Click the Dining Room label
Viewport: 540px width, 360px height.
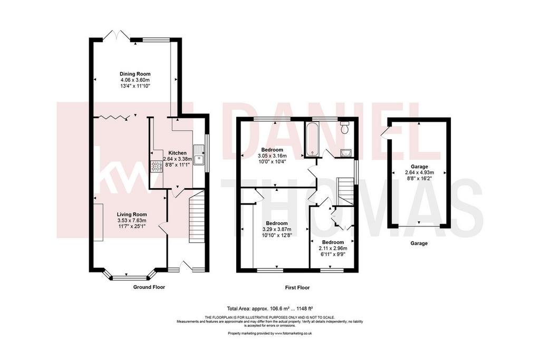135,74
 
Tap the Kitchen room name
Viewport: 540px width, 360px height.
177,153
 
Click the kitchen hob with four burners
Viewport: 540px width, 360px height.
156,167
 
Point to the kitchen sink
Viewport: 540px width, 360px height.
199,155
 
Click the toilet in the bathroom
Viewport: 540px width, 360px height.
344,127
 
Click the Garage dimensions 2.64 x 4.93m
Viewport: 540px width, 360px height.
419,172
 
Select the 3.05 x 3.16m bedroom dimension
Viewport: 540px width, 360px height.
272,155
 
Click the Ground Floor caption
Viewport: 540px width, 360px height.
149,287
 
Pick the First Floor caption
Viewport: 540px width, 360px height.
297,288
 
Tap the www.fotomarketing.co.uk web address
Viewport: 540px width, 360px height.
293,333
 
